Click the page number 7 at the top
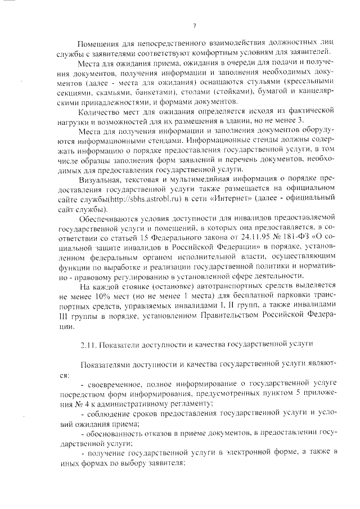pyautogui.click(x=193, y=25)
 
